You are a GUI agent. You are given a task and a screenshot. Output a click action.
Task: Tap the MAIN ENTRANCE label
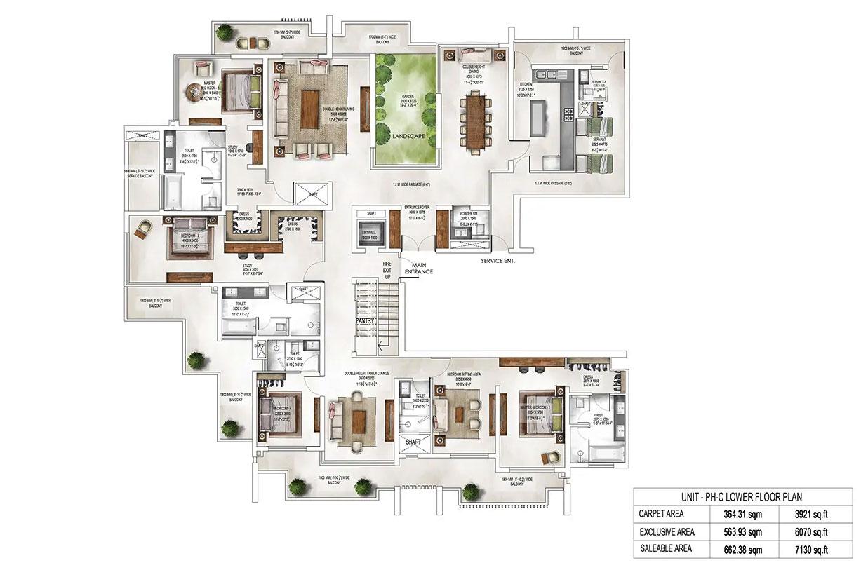419,268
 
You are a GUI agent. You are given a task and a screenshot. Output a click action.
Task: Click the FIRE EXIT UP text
387,270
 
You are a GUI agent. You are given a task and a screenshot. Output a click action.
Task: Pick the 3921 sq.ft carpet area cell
813,514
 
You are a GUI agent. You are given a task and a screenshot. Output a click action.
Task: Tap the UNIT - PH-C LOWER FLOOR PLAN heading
743,496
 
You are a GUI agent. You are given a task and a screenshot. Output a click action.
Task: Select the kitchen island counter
538,119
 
